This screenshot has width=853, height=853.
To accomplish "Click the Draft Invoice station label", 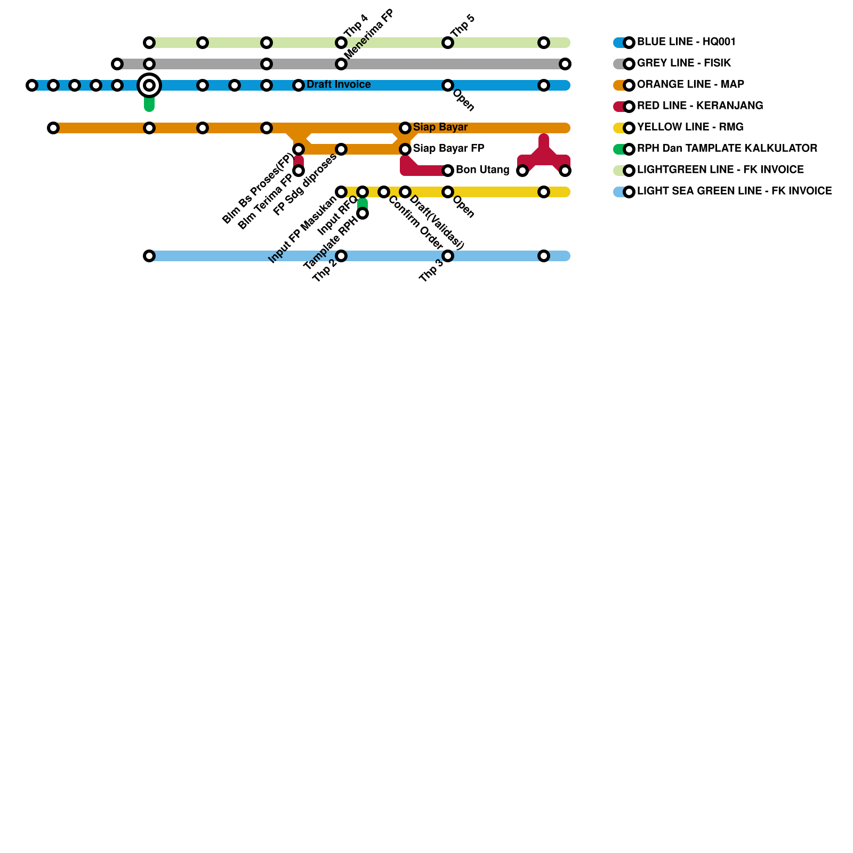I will (x=338, y=85).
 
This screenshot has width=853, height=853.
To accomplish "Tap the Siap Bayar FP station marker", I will (x=405, y=149).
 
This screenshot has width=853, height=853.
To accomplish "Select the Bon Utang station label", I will (x=482, y=170).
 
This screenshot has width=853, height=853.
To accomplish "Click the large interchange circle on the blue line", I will (x=149, y=85).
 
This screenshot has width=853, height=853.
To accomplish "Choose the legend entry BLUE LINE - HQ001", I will (x=686, y=42).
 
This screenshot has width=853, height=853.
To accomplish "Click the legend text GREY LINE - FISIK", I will (x=684, y=63).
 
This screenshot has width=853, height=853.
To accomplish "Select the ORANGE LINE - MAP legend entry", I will (x=690, y=85).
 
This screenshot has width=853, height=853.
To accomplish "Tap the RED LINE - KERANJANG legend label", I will (x=700, y=106).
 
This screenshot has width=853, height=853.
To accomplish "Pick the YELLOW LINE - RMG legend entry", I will (x=690, y=127).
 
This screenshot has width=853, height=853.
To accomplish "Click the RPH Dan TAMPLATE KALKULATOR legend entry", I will (x=727, y=149).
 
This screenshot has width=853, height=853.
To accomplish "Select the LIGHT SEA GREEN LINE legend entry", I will (x=734, y=191).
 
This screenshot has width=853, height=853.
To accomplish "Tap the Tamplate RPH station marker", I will (x=363, y=213).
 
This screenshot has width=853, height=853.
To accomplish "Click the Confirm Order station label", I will (x=415, y=223).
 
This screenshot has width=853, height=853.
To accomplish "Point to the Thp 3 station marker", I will (x=448, y=256).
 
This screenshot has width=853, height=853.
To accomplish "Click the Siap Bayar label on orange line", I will (x=440, y=127).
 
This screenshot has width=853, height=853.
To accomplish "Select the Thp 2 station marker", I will (x=341, y=256).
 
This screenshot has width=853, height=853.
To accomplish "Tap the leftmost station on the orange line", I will (x=53, y=128).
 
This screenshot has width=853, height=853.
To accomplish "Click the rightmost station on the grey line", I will (x=565, y=64).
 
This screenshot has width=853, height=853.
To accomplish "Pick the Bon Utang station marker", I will (x=448, y=171).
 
